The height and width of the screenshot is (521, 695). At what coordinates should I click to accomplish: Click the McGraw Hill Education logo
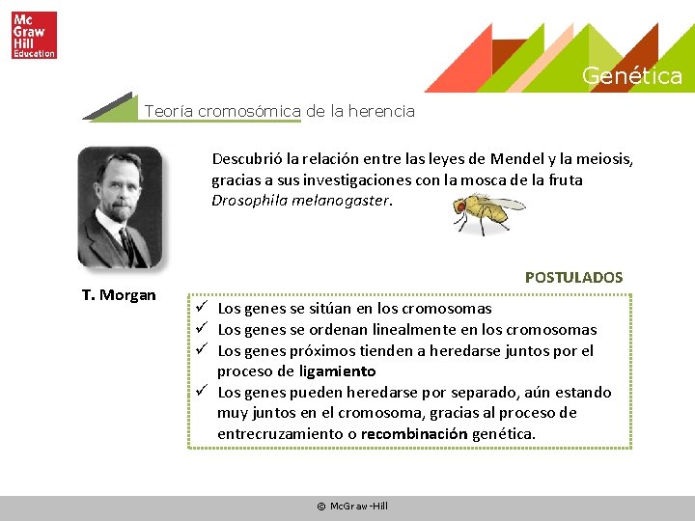(x=34, y=35)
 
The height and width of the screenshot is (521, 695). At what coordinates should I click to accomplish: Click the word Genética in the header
(x=631, y=76)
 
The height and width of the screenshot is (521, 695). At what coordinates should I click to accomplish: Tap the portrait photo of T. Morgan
(x=121, y=206)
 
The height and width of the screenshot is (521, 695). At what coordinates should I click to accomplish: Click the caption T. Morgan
(x=118, y=295)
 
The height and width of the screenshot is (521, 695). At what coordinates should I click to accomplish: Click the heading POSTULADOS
(x=573, y=277)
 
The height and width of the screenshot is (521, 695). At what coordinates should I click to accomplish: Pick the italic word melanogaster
(x=342, y=201)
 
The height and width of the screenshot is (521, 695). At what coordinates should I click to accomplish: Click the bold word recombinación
(x=414, y=434)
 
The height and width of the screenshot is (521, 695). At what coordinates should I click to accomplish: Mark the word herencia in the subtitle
(x=380, y=111)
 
